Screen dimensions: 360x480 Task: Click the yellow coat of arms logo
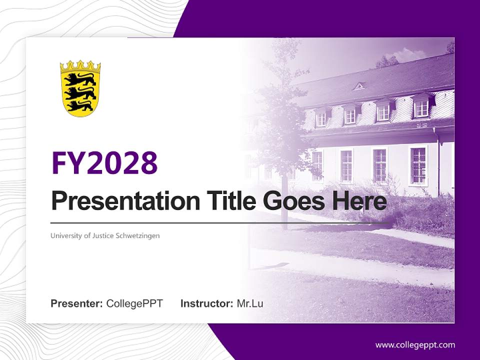(80, 89)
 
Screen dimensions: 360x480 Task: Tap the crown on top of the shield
(80, 66)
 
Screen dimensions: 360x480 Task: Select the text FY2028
(104, 162)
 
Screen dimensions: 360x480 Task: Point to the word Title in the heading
(231, 201)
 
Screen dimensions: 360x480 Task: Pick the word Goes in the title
(294, 201)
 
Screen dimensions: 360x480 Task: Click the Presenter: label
(77, 303)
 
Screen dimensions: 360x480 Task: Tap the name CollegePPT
(134, 303)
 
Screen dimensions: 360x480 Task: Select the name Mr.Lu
(250, 303)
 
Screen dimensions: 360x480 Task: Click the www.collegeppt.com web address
(415, 344)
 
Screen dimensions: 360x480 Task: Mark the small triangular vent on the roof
(358, 86)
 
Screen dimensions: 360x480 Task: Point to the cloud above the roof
(410, 54)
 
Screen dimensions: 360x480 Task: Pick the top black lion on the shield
(80, 78)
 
